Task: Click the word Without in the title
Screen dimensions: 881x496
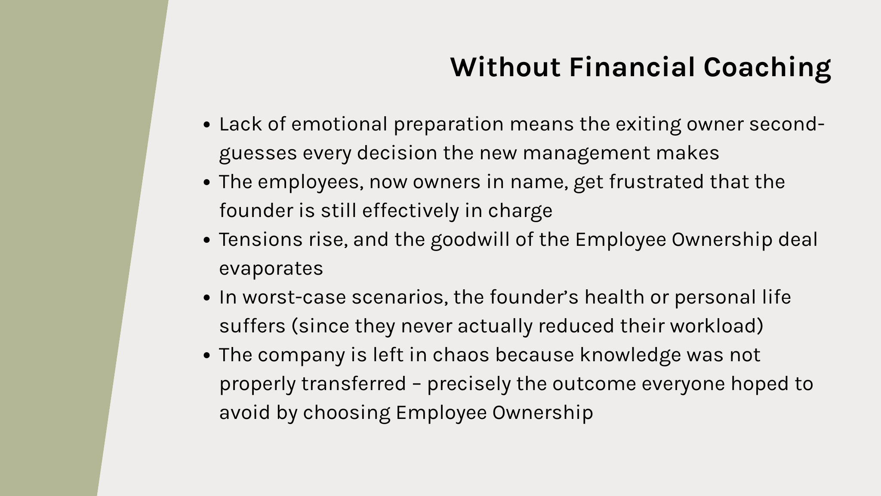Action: pyautogui.click(x=505, y=67)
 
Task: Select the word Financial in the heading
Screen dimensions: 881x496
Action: pyautogui.click(x=632, y=67)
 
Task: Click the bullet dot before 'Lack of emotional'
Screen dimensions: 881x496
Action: pyautogui.click(x=206, y=125)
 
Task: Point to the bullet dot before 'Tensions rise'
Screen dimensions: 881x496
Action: pyautogui.click(x=206, y=240)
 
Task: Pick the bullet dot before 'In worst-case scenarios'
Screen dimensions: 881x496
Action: pyautogui.click(x=206, y=298)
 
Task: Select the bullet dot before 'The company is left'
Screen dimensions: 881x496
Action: pyautogui.click(x=206, y=356)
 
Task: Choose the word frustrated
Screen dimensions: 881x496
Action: pyautogui.click(x=656, y=182)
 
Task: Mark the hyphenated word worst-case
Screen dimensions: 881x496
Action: pyautogui.click(x=294, y=298)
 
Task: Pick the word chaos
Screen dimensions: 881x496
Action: pyautogui.click(x=461, y=355)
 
